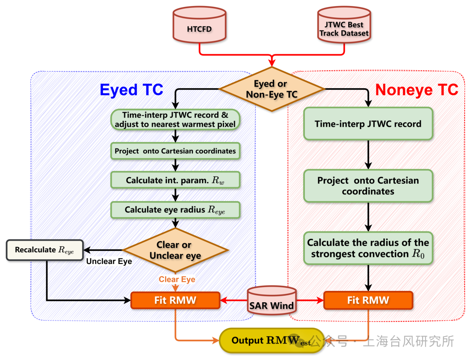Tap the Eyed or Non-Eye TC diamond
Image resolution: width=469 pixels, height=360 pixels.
[x=272, y=89]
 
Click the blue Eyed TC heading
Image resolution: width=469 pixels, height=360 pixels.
[x=132, y=89]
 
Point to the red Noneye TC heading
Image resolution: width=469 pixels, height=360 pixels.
[x=416, y=89]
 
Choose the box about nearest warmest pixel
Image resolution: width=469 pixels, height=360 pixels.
[x=175, y=119]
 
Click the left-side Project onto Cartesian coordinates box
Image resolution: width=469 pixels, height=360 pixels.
[x=175, y=151]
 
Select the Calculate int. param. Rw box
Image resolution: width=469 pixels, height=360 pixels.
[x=175, y=180]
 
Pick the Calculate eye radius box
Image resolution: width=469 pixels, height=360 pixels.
[x=175, y=209]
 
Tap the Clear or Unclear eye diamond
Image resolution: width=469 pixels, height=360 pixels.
[x=175, y=250]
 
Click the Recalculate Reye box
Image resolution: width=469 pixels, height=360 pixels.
[x=44, y=250]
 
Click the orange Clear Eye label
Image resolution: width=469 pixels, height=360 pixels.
[x=177, y=279]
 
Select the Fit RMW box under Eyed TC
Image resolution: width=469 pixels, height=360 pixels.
[x=175, y=300]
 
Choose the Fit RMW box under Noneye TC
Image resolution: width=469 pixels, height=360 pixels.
[x=368, y=300]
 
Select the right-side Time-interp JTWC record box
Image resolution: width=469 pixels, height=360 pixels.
[x=368, y=124]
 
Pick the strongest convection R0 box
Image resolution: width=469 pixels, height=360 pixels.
[x=368, y=248]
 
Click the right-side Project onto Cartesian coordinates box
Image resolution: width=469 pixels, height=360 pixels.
[x=368, y=186]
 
